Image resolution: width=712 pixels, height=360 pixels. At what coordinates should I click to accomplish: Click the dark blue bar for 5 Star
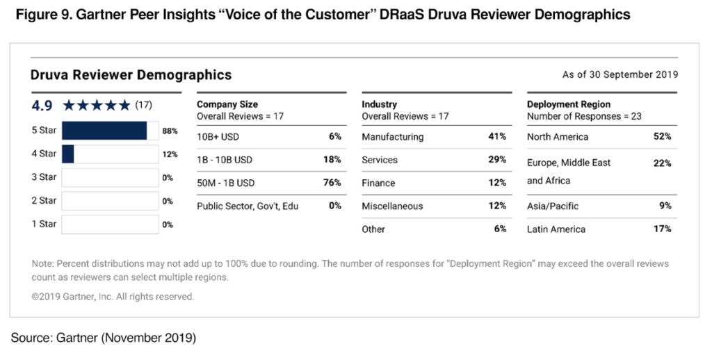[104, 131]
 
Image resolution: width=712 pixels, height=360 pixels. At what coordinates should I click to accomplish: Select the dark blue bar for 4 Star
[68, 154]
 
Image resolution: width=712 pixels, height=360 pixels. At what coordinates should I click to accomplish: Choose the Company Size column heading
[227, 104]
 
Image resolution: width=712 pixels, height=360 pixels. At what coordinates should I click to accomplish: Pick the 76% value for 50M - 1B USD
[332, 183]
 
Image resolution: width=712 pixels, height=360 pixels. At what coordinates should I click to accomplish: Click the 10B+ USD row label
[218, 137]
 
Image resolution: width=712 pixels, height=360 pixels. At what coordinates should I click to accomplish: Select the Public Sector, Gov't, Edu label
[248, 206]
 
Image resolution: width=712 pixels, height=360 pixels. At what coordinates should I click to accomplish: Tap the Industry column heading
[379, 104]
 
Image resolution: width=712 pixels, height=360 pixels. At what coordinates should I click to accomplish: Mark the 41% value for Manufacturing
[496, 137]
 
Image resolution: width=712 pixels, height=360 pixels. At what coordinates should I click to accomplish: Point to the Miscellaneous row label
[392, 206]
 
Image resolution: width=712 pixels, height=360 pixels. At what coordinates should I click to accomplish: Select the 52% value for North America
[662, 137]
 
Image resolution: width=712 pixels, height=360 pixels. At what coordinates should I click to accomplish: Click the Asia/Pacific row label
[553, 206]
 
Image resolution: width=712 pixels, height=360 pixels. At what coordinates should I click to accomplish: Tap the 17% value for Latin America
[662, 229]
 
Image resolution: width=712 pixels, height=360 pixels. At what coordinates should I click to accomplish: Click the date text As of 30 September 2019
[620, 75]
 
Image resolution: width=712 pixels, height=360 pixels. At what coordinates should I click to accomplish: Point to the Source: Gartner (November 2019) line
[104, 338]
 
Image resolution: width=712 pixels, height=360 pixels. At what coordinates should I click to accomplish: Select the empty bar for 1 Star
[110, 224]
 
